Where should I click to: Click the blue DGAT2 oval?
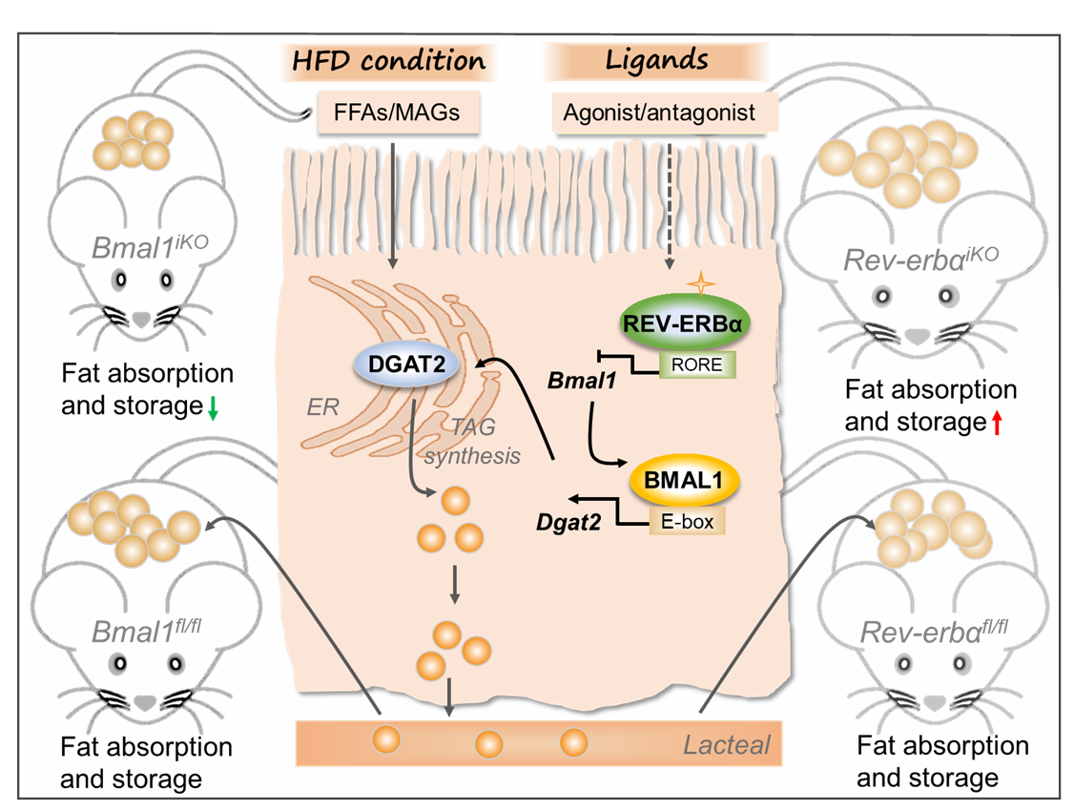click(x=403, y=364)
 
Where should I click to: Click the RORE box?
click(x=696, y=365)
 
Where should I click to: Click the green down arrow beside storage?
click(x=214, y=408)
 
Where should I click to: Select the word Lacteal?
click(x=727, y=744)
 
